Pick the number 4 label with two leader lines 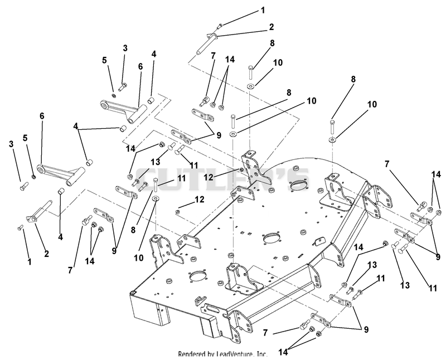(76, 126)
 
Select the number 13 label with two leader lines (156, 162)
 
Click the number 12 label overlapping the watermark (209, 177)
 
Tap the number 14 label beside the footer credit (283, 352)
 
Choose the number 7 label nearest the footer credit (265, 333)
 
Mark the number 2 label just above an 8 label (272, 27)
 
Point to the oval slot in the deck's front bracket (215, 308)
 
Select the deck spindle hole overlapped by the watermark (298, 185)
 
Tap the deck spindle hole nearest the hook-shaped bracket (197, 276)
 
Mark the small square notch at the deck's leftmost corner (132, 293)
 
